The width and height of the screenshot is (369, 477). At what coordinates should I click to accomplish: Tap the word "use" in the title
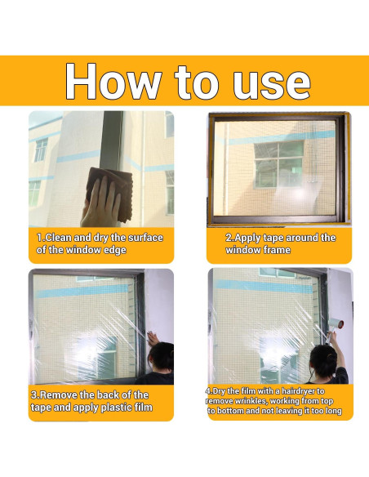click(267, 82)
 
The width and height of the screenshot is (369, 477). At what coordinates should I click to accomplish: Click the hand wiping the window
click(100, 204)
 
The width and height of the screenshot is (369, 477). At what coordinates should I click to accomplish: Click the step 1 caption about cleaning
click(100, 243)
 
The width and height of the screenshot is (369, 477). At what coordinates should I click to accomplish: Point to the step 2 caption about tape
click(280, 243)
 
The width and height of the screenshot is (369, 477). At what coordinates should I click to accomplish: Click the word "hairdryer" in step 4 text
click(300, 391)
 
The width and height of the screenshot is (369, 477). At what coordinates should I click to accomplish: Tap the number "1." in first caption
click(40, 238)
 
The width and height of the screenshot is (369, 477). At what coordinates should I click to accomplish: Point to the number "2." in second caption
click(229, 238)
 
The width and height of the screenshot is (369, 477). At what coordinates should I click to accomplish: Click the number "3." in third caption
click(35, 395)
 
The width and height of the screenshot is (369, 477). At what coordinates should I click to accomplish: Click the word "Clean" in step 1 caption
click(60, 238)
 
